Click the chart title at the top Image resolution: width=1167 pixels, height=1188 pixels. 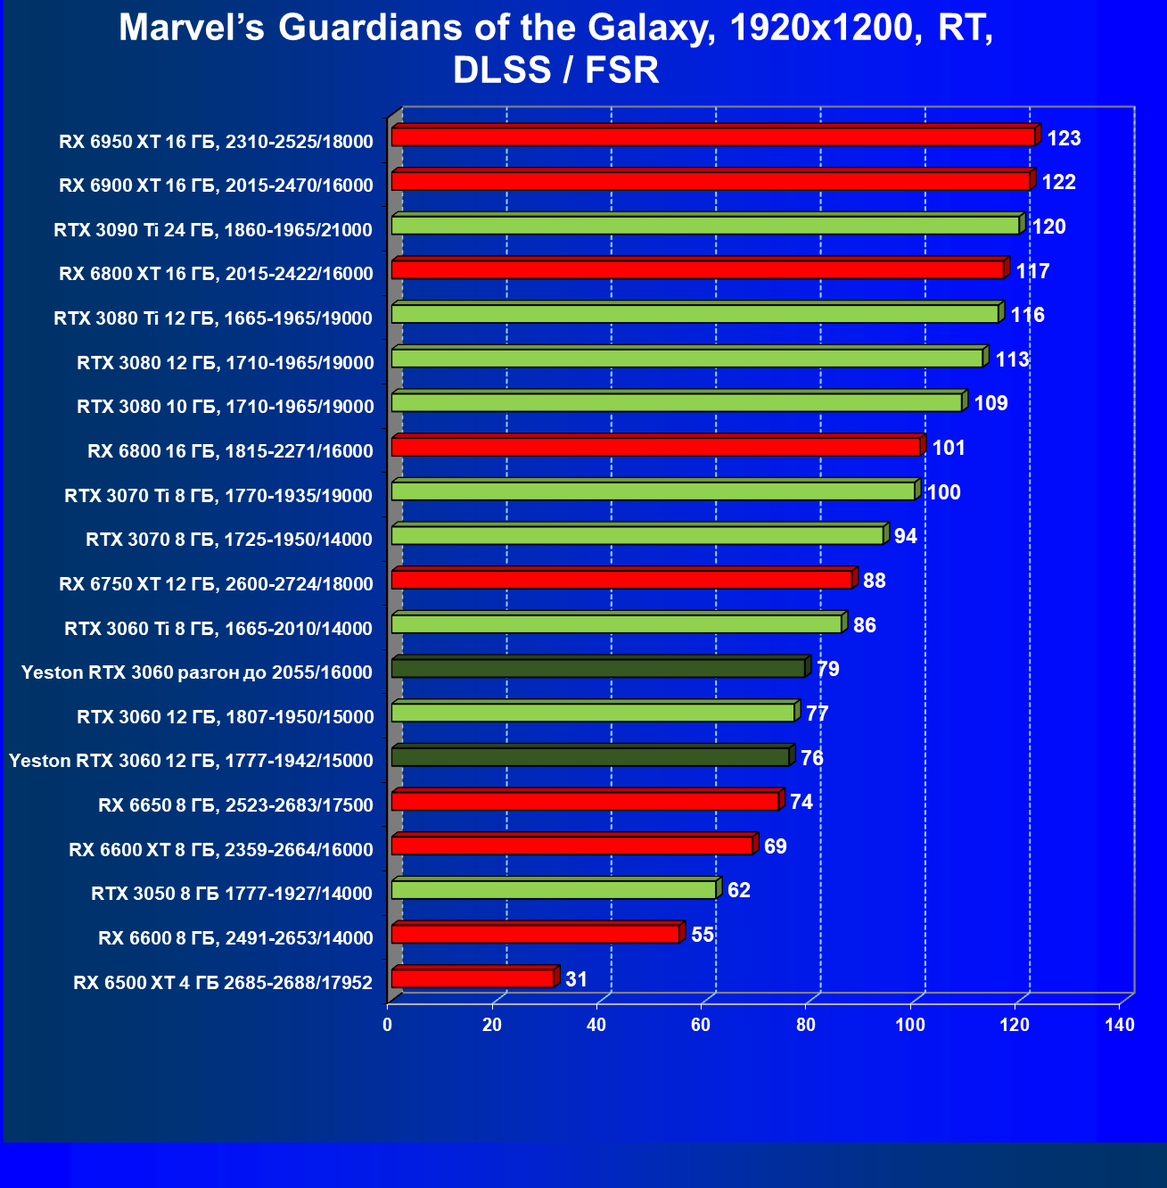[556, 48]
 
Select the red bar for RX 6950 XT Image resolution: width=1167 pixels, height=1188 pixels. [713, 136]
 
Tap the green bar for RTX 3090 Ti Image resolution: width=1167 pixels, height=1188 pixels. [705, 225]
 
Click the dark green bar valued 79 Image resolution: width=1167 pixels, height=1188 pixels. [598, 668]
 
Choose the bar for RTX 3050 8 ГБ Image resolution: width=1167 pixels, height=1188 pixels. [554, 889]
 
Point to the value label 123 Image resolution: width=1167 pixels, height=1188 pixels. [1064, 138]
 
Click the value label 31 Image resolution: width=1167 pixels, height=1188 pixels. [577, 979]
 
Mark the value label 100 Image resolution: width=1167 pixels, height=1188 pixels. [944, 492]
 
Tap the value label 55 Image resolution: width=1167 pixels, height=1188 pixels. [703, 935]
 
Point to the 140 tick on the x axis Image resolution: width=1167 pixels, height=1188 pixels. [1120, 1025]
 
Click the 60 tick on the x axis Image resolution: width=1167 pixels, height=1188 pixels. [701, 1025]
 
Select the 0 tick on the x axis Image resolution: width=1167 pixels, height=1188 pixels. [388, 1025]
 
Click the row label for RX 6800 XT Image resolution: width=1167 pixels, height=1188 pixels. [216, 274]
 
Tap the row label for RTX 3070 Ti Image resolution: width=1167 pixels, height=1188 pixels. [218, 495]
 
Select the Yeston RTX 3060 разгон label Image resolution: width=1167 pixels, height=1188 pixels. [197, 672]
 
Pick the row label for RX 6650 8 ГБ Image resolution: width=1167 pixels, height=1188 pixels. [235, 805]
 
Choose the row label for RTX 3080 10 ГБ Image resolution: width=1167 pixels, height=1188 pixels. [226, 407]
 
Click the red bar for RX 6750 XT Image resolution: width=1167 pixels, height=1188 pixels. [621, 580]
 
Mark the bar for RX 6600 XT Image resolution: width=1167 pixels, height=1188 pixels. [572, 845]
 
